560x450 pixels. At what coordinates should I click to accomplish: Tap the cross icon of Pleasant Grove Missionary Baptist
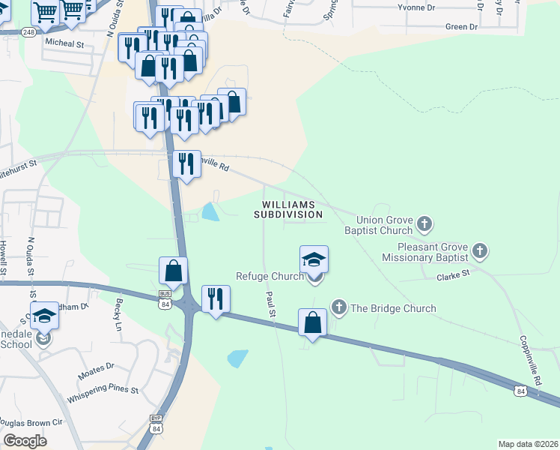pos(480,250)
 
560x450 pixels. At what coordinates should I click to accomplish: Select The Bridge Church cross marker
pos(339,307)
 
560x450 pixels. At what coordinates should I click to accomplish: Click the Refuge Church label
pos(270,276)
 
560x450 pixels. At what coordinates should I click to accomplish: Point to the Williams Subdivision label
pos(292,209)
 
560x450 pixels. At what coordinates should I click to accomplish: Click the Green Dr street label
pos(461,27)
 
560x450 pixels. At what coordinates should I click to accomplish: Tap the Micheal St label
pos(64,44)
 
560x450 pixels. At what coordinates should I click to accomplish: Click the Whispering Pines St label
pos(103,390)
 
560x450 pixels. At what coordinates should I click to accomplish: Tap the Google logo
pos(25,441)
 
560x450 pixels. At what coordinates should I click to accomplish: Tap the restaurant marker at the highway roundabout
pos(216,298)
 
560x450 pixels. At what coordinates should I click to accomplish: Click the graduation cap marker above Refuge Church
pos(314,259)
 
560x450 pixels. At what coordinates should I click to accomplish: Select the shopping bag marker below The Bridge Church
pos(313,322)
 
